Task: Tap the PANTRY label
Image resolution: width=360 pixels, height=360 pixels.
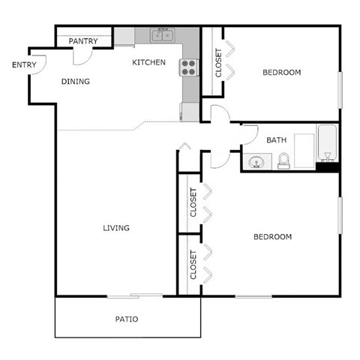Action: (x=82, y=40)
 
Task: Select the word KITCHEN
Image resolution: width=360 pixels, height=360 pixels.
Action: (x=148, y=62)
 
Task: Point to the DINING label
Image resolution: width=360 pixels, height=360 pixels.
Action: (x=75, y=82)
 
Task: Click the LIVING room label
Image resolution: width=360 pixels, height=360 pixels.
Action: (x=116, y=228)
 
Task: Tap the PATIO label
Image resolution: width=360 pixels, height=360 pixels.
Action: (x=126, y=319)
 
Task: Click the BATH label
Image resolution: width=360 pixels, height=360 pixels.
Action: (x=276, y=139)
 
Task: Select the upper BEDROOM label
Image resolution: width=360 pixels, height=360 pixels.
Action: (x=281, y=73)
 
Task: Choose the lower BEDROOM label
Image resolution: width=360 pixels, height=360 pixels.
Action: (x=271, y=237)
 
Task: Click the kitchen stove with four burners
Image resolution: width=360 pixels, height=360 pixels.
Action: (x=189, y=67)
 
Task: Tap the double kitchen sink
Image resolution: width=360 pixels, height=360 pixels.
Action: (x=163, y=35)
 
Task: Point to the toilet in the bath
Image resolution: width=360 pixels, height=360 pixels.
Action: (x=283, y=160)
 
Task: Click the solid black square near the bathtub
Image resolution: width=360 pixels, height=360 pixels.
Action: (x=327, y=166)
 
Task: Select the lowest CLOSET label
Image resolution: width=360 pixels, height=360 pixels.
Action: (x=193, y=265)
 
